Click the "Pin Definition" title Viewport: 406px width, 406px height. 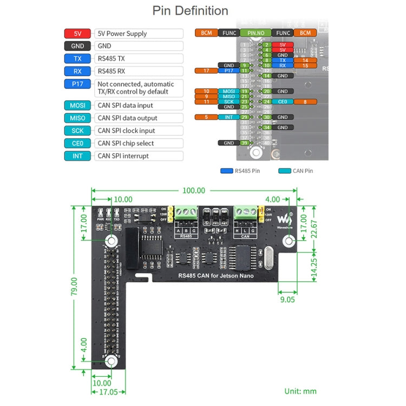click(x=190, y=11)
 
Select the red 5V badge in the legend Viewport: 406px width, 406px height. click(x=77, y=34)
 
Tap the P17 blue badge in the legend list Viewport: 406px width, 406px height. click(x=77, y=84)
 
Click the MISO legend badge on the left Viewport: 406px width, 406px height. click(x=77, y=118)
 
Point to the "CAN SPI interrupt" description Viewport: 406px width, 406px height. click(x=123, y=156)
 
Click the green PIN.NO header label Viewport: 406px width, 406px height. click(x=256, y=33)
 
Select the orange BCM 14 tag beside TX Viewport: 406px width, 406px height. click(x=305, y=61)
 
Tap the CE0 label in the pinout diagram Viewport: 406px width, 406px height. click(x=283, y=101)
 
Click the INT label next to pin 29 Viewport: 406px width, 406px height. click(x=229, y=117)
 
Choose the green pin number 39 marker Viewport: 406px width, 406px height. click(x=244, y=143)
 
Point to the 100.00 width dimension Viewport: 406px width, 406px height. click(x=194, y=191)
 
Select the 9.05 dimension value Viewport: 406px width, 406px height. click(x=287, y=298)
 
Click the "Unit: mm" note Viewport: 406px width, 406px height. click(x=300, y=391)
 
